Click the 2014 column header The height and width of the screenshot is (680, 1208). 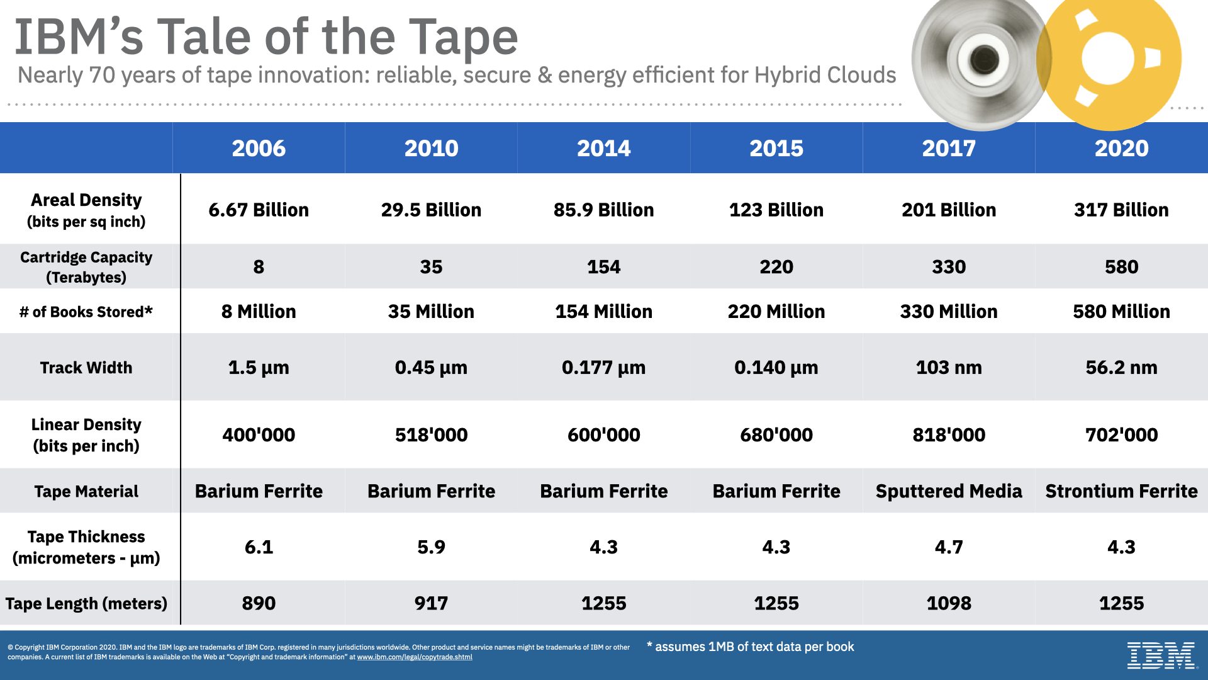point(603,149)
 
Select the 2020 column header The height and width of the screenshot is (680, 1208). point(1121,149)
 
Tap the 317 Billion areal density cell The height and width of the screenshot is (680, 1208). point(1121,210)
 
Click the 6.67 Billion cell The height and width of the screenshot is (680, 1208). point(259,210)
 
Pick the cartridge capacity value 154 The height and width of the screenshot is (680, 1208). point(603,267)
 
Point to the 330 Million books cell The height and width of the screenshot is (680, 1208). point(949,312)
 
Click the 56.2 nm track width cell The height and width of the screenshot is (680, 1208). point(1121,368)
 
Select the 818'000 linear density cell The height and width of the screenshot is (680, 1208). point(949,435)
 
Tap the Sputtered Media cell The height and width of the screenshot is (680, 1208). point(949,491)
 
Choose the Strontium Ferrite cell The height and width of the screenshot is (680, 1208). point(1121,491)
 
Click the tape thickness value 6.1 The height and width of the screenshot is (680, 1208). point(259,547)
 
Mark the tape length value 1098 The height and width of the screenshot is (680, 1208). point(949,603)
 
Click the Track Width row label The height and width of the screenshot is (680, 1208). point(86,368)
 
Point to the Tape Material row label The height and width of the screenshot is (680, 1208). point(86,491)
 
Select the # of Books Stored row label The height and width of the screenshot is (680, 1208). point(86,312)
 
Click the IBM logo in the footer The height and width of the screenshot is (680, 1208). point(1161,655)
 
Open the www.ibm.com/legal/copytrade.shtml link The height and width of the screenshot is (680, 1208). point(415,657)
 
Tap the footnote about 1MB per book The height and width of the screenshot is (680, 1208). point(751,647)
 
